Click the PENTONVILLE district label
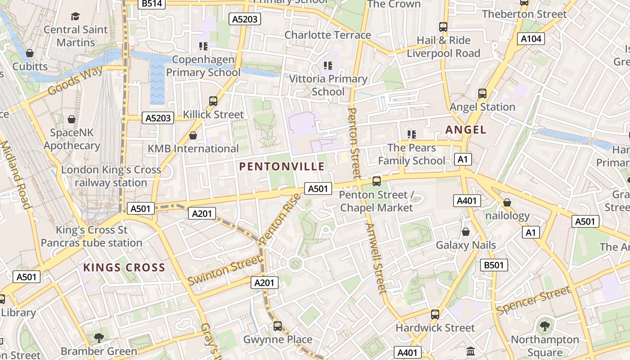[282, 166]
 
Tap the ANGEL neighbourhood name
[466, 130]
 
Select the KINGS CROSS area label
[124, 268]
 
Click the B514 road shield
[152, 4]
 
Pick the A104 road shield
[531, 39]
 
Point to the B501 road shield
[494, 265]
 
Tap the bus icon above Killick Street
[213, 101]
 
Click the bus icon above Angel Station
[482, 94]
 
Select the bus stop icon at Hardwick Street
[435, 315]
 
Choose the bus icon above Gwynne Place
[278, 326]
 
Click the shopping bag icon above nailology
[507, 202]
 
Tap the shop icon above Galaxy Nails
[466, 232]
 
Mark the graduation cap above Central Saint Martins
[75, 17]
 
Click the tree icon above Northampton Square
[544, 326]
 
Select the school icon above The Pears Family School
[411, 134]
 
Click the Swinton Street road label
[224, 270]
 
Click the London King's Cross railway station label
[111, 176]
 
